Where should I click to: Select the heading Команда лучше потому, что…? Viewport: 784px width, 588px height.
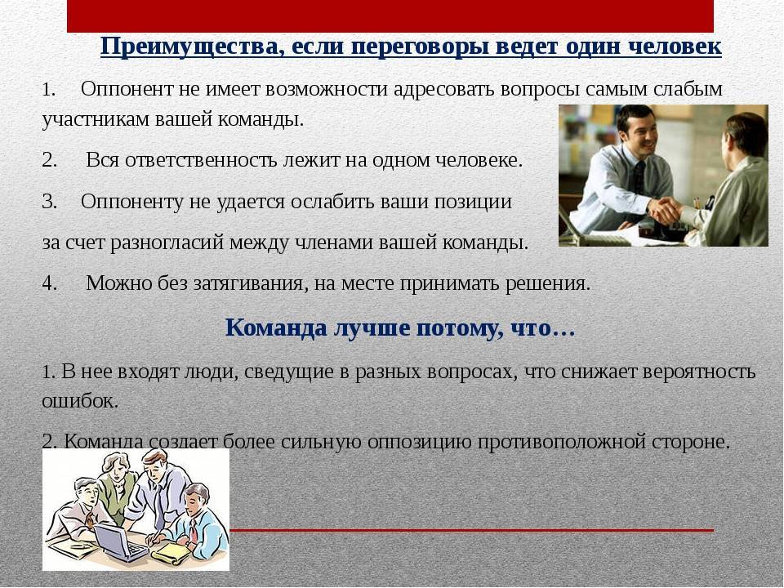pyautogui.click(x=400, y=328)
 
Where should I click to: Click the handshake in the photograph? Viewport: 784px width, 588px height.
pyautogui.click(x=666, y=211)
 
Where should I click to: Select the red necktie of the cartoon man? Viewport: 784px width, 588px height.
pyautogui.click(x=193, y=531)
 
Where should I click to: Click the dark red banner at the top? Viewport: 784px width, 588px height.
pyautogui.click(x=390, y=16)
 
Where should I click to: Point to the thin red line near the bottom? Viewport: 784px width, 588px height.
pyautogui.click(x=471, y=530)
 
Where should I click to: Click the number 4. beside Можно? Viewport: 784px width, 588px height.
pyautogui.click(x=50, y=283)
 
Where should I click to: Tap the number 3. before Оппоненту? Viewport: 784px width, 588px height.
pyautogui.click(x=50, y=202)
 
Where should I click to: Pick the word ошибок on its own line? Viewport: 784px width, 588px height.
pyautogui.click(x=79, y=401)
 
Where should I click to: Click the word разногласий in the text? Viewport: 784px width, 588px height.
pyautogui.click(x=167, y=243)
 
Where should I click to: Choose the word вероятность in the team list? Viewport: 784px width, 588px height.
pyautogui.click(x=698, y=372)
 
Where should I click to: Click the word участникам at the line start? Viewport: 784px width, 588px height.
pyautogui.click(x=95, y=120)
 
